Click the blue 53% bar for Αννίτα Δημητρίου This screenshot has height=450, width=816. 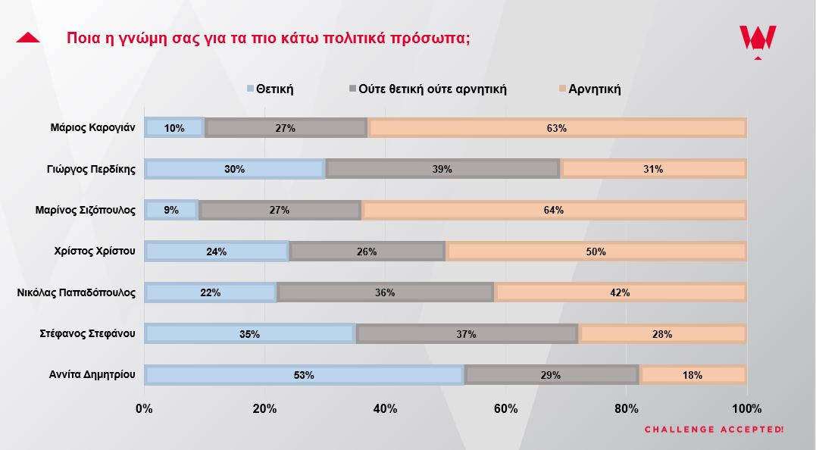pyautogui.click(x=304, y=374)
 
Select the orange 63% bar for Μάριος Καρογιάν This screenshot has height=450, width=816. pyautogui.click(x=557, y=128)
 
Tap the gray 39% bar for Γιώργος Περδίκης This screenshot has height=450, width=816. pyautogui.click(x=442, y=169)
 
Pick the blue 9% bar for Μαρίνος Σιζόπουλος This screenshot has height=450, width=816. pyautogui.click(x=171, y=210)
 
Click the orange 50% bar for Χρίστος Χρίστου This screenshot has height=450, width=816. pyautogui.click(x=596, y=252)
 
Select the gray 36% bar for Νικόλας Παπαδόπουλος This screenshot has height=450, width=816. pyautogui.click(x=386, y=292)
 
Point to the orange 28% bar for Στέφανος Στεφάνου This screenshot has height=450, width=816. pyautogui.click(x=662, y=333)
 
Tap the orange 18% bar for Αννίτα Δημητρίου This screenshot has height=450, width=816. pyautogui.click(x=693, y=374)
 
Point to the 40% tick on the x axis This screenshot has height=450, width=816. pyautogui.click(x=386, y=409)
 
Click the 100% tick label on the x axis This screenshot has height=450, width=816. pyautogui.click(x=747, y=409)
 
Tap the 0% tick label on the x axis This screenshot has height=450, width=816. pyautogui.click(x=144, y=409)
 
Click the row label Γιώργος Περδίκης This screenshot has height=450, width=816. pyautogui.click(x=91, y=169)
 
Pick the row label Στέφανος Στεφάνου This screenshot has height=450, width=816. pyautogui.click(x=87, y=333)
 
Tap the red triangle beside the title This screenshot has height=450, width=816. pyautogui.click(x=28, y=37)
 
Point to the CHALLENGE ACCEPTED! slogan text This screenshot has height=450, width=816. pyautogui.click(x=714, y=430)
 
